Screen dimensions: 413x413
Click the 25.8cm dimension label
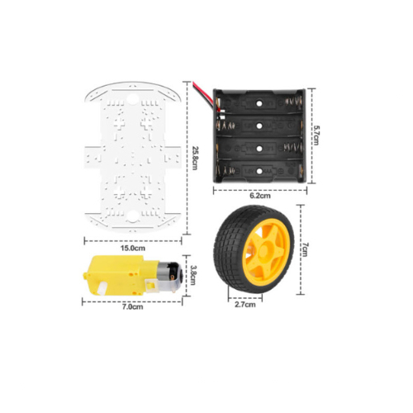[195, 158]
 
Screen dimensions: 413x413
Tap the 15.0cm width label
[133, 248]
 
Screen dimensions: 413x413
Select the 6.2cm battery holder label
[260, 196]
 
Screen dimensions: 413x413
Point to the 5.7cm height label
[316, 135]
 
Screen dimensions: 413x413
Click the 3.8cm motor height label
[193, 275]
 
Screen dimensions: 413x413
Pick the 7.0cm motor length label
[133, 306]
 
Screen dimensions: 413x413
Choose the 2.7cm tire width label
[245, 305]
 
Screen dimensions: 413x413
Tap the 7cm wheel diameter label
[304, 249]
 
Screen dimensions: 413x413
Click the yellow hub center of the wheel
[263, 250]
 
